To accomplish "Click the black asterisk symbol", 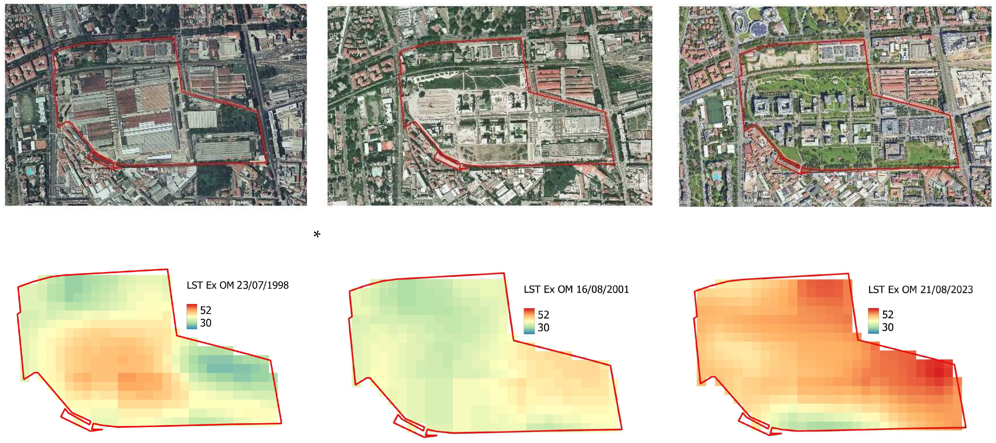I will pos(317,234).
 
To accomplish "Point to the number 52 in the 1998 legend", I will pos(206,310).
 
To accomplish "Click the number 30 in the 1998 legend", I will pos(206,323).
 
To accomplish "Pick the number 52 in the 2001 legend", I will pos(543,314).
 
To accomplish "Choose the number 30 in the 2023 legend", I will pos(887,327).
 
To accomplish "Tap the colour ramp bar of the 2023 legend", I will pos(873,321).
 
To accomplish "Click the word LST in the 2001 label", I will pos(532,289).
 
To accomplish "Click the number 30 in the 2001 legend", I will pos(543,328).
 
